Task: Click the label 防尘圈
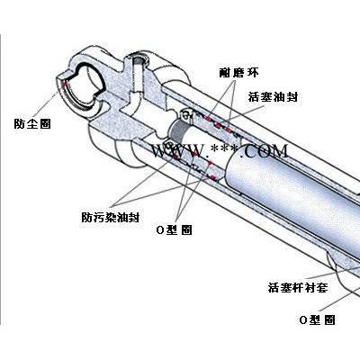point(32,123)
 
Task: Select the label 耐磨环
point(238,72)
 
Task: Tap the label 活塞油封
point(273,97)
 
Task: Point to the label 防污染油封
point(111,217)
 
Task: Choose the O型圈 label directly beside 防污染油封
point(175,230)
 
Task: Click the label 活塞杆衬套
point(298,287)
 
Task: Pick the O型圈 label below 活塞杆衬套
point(317,319)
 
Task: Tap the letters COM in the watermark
point(265,150)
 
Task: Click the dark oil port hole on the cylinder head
point(139,60)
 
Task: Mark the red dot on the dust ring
point(64,85)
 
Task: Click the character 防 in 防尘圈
point(20,123)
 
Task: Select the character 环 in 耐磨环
point(252,72)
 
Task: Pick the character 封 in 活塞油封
point(292,97)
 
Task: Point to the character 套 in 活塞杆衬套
point(321,287)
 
